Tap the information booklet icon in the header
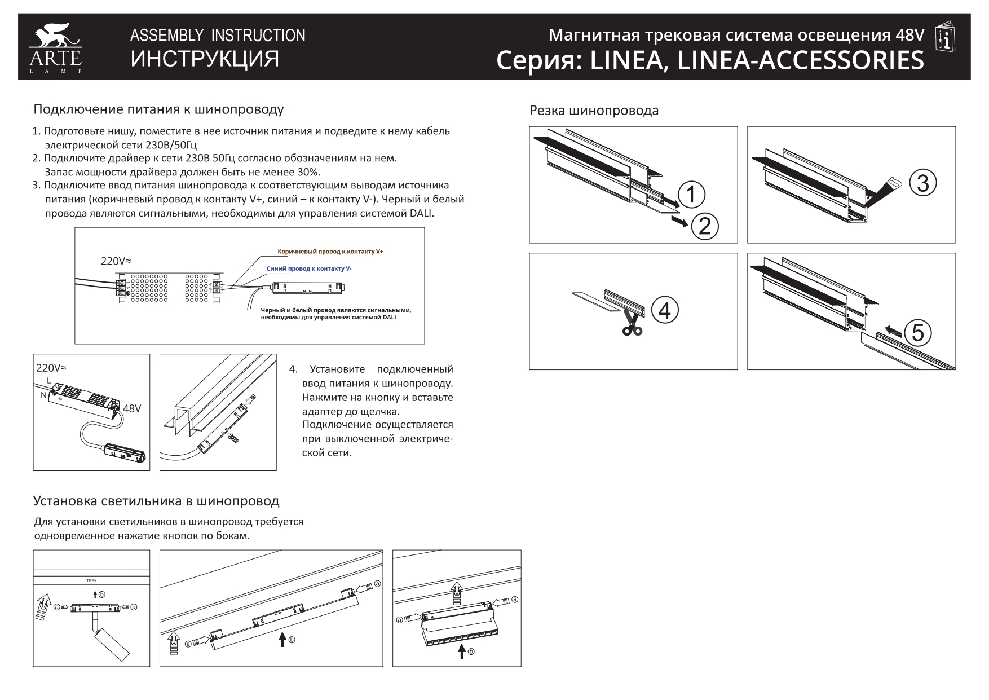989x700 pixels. tap(946, 38)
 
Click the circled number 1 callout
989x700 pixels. tap(691, 195)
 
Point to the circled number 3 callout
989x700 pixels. tap(922, 184)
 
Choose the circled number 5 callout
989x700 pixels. tap(918, 333)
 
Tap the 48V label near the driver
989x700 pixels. tap(131, 408)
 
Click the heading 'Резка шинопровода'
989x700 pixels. tap(594, 111)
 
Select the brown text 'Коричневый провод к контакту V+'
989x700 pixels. tap(330, 252)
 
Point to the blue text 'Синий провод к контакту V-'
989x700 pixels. tap(309, 269)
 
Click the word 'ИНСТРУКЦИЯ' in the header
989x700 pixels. tap(205, 59)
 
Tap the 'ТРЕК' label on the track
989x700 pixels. tap(91, 580)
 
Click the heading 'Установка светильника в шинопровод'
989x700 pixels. tap(156, 501)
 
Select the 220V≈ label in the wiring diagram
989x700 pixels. tap(116, 261)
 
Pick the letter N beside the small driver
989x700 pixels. tap(43, 395)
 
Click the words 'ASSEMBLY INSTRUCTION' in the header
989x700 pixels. tap(218, 36)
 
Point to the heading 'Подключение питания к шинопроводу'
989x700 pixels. tap(158, 109)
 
